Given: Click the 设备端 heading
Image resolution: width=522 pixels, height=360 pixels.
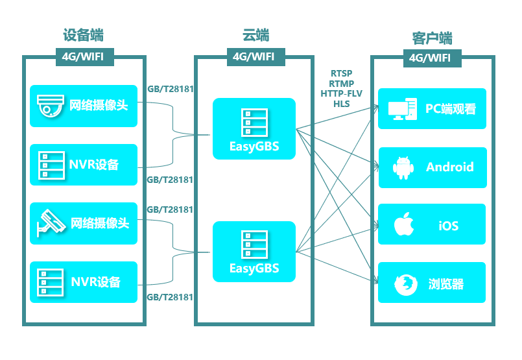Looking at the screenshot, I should [x=83, y=35].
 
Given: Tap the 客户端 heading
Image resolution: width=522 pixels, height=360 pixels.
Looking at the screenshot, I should [x=432, y=36].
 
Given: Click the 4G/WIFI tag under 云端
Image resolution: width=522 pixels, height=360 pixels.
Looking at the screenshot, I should [x=255, y=56].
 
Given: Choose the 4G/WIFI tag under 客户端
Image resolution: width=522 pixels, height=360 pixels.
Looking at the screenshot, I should [x=430, y=58].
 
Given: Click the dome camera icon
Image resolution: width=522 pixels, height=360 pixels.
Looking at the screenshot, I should [x=50, y=105].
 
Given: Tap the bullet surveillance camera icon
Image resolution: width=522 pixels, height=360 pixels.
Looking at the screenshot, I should [x=51, y=222].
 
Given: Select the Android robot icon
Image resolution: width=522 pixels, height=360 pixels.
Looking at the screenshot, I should [x=403, y=167].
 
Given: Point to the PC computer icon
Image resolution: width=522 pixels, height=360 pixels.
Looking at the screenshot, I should [x=403, y=109].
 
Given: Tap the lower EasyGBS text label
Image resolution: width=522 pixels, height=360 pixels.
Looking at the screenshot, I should [x=254, y=268].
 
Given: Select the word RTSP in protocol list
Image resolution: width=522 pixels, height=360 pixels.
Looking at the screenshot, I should [x=341, y=74].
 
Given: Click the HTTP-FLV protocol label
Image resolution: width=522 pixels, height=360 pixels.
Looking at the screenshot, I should [x=341, y=93].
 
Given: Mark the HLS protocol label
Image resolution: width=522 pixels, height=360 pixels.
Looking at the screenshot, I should [x=341, y=103].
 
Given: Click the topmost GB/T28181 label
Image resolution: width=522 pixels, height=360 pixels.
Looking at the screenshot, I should [x=171, y=89].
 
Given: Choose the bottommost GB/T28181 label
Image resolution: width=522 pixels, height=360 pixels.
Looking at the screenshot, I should [x=171, y=297].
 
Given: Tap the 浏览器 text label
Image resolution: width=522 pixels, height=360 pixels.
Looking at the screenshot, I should [x=446, y=284].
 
